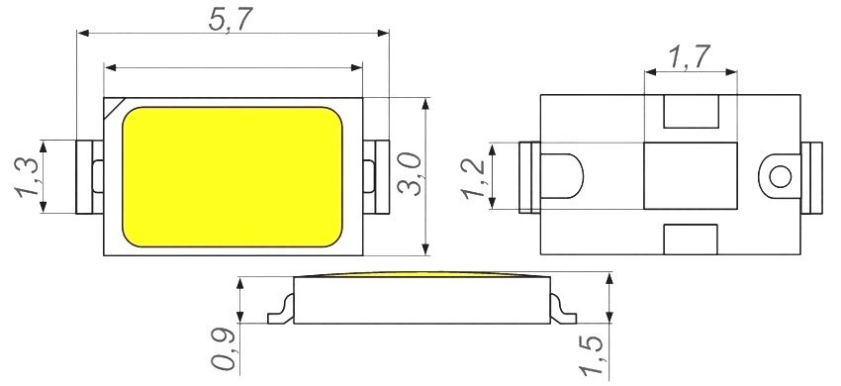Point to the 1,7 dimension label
[x=690, y=57]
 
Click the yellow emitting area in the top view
[x=233, y=176]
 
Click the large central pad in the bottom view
[x=690, y=176]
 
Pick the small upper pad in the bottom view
[x=690, y=113]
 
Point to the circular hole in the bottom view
[x=780, y=177]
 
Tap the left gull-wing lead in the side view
[x=281, y=309]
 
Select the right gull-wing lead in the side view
[x=565, y=309]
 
